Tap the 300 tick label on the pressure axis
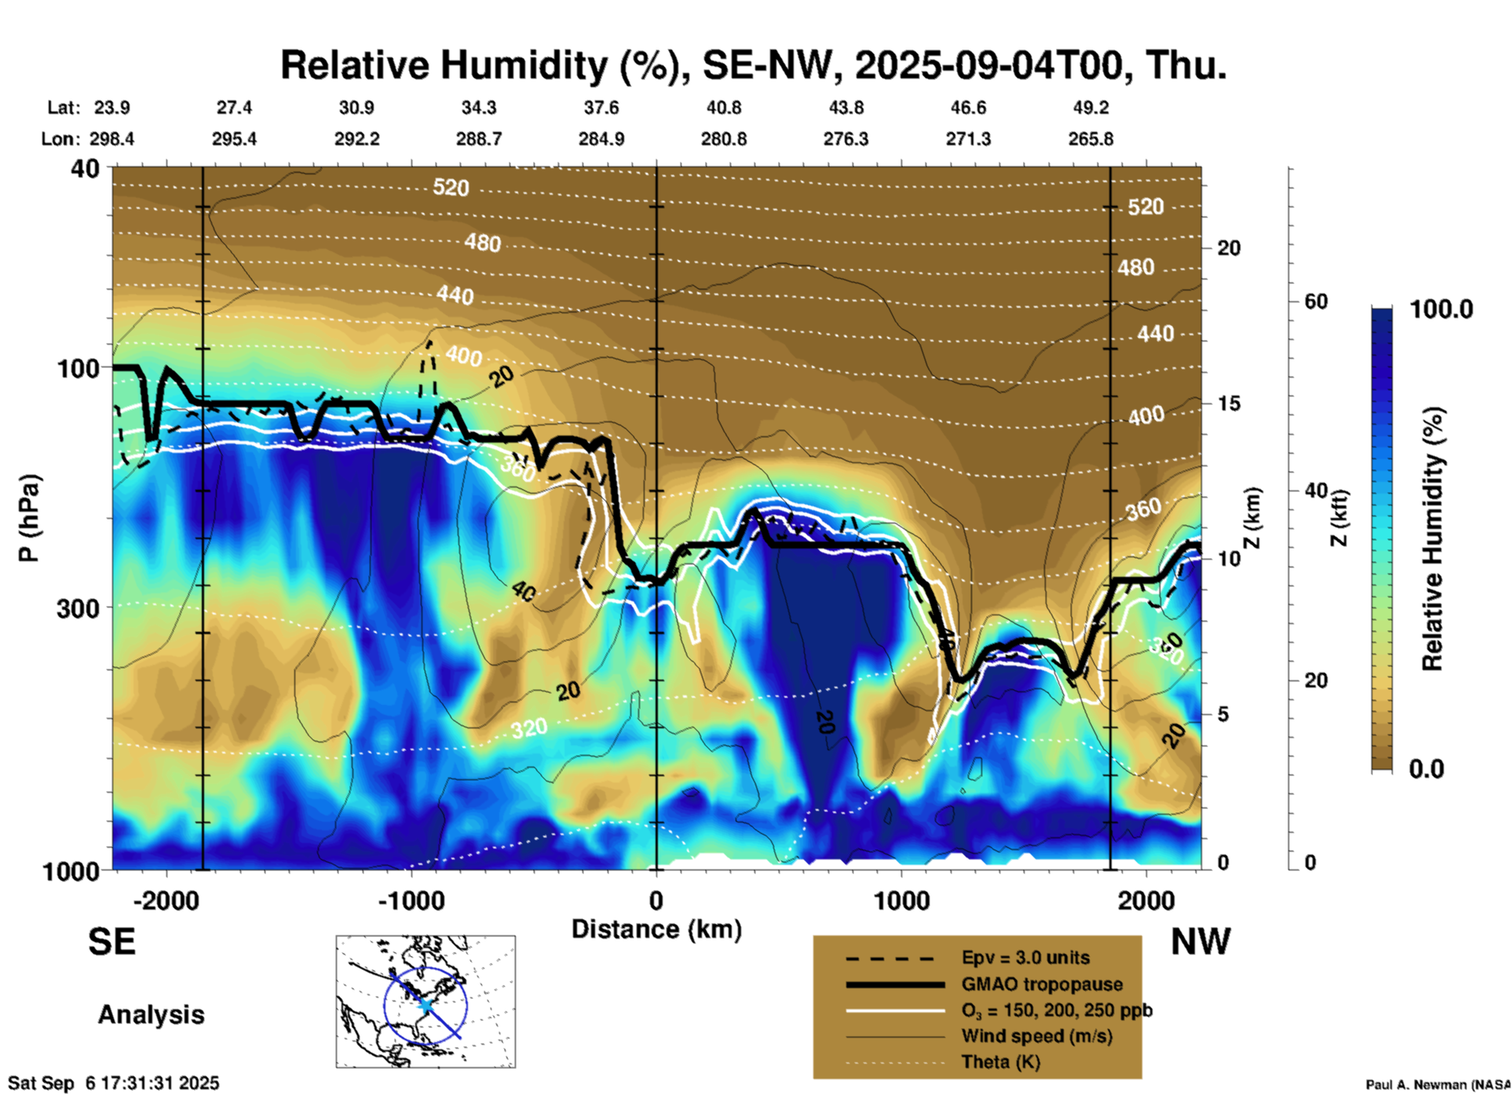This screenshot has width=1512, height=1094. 78,608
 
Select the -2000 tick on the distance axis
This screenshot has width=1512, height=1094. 166,901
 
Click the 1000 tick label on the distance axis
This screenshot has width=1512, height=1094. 901,901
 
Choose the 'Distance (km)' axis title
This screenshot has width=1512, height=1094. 656,929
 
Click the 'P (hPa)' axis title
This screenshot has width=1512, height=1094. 28,518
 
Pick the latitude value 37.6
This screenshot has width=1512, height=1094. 601,108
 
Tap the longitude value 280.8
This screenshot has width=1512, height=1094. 724,140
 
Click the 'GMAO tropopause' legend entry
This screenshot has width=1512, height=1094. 1042,984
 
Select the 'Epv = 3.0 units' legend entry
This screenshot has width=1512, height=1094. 1025,957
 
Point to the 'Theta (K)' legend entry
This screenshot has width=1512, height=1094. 1000,1063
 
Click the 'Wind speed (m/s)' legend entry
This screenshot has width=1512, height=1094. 1036,1036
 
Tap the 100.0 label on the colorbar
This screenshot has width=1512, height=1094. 1441,309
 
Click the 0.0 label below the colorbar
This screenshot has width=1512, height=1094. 1426,768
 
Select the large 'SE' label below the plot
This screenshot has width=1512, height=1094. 111,942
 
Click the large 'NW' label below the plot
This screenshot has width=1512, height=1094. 1200,942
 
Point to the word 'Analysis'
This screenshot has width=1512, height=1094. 151,1015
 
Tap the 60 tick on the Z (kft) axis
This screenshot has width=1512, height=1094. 1316,301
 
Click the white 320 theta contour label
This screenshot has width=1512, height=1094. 529,729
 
